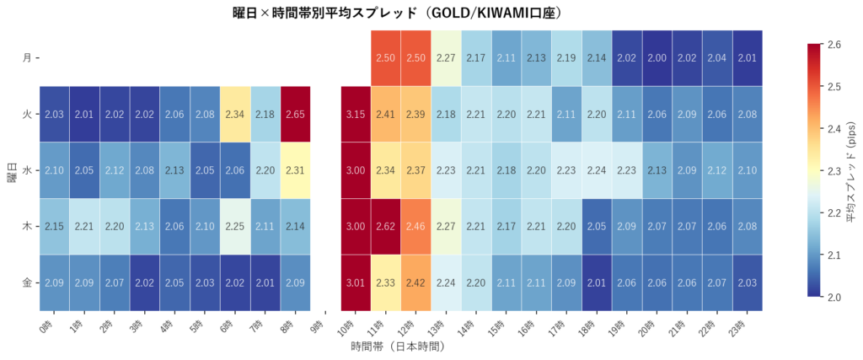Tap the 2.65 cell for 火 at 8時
click(x=296, y=114)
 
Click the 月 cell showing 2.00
click(x=657, y=58)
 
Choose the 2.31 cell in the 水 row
click(x=296, y=170)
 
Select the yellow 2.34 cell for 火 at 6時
click(x=236, y=114)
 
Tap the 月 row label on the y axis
click(x=27, y=58)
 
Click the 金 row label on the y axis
click(x=27, y=282)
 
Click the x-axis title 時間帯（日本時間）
click(x=396, y=347)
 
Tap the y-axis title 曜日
click(x=10, y=170)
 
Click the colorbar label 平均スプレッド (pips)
click(x=851, y=170)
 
